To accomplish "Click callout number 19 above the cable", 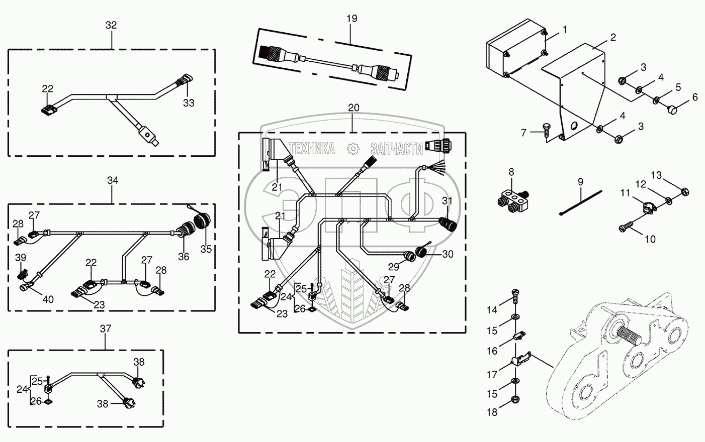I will (351, 19).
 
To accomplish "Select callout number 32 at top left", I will (111, 25).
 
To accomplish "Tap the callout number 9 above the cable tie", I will (580, 181).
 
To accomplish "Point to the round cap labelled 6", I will (673, 108).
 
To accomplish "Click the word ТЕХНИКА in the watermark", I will (313, 149).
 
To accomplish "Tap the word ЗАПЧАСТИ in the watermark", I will (396, 149).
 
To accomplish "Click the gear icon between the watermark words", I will (353, 148).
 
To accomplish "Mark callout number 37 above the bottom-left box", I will (106, 328).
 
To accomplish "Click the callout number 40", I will (48, 299).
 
